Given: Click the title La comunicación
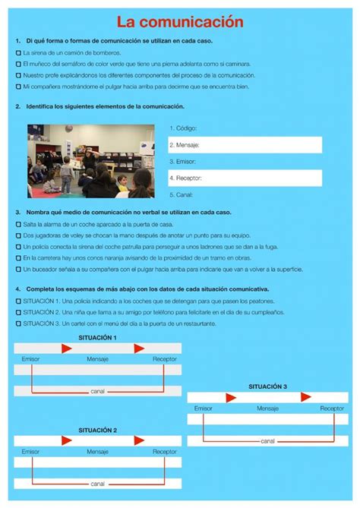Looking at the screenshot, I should [180, 22].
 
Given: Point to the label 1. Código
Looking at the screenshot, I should [183, 128].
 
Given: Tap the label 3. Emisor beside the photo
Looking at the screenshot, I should [182, 161].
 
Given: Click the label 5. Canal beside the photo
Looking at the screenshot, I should [182, 194].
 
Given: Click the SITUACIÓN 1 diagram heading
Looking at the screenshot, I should [97, 337].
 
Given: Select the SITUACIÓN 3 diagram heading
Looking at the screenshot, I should [267, 387].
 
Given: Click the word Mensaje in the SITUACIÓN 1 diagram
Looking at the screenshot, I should [97, 358].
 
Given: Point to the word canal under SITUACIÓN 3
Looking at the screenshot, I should [267, 440].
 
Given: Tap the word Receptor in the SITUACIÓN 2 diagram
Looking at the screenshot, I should [164, 451].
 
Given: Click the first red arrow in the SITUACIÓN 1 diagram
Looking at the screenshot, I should [67, 348].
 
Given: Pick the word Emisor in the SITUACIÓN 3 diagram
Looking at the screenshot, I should [203, 408].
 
